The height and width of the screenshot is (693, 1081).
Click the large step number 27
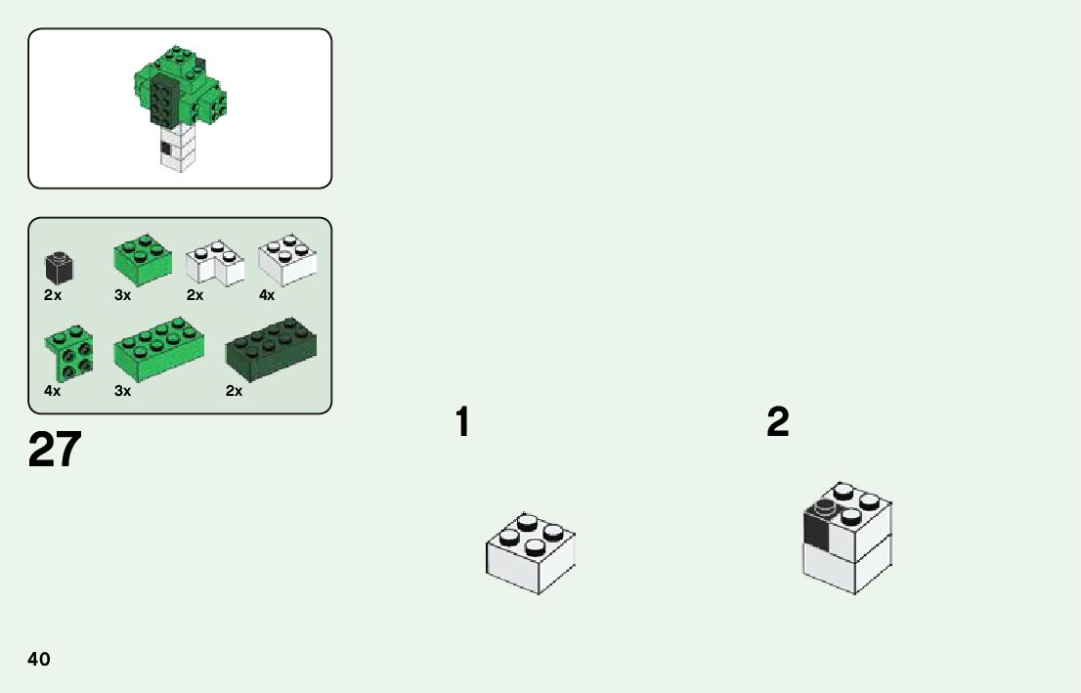point(55,450)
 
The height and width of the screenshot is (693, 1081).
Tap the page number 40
point(39,659)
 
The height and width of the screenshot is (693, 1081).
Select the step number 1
point(462,423)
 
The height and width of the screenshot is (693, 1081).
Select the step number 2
point(778,423)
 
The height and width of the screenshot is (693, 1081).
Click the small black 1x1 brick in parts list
point(60,265)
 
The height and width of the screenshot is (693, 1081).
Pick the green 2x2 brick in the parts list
point(143,258)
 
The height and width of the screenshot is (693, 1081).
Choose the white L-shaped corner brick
point(215,264)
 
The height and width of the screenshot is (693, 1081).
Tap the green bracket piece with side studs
point(68,354)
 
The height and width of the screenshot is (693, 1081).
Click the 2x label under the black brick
point(53,295)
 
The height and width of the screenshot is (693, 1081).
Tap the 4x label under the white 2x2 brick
point(267,295)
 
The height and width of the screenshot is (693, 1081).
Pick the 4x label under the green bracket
point(53,391)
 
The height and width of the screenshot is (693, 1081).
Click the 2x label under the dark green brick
point(234,391)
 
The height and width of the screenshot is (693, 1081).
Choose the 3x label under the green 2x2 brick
point(122,295)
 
